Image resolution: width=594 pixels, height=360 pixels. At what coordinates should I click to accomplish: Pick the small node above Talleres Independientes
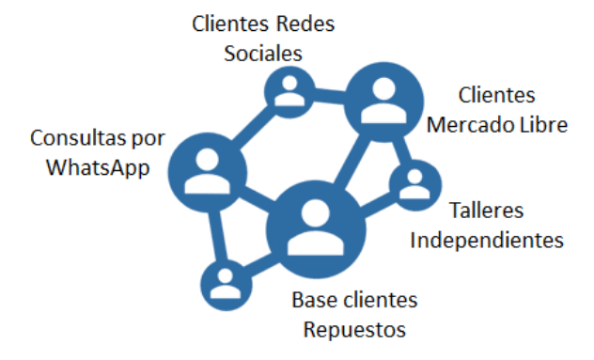point(414,184)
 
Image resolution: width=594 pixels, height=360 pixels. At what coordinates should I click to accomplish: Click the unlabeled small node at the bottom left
point(226,285)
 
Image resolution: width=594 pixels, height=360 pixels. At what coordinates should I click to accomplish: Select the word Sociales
point(263,53)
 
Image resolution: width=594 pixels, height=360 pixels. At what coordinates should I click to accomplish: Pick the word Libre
point(544,125)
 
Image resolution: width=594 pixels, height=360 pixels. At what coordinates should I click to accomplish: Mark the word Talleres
point(486,210)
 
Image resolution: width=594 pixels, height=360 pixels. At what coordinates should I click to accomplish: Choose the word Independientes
point(488,240)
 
